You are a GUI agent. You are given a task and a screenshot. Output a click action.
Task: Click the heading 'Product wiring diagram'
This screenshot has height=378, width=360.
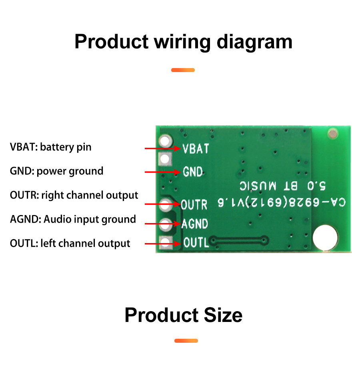click(x=183, y=42)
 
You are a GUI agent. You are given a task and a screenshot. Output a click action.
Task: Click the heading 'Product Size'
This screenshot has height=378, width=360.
click(x=183, y=315)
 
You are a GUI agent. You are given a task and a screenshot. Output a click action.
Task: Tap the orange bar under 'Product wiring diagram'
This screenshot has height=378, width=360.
click(x=183, y=70)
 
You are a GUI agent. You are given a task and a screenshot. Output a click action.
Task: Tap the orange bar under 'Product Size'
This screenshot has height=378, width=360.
click(x=186, y=341)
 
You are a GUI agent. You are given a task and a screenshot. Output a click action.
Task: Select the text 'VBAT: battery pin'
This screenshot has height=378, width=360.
click(x=50, y=147)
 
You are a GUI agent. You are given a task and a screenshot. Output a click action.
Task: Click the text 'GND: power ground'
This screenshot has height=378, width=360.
click(x=56, y=171)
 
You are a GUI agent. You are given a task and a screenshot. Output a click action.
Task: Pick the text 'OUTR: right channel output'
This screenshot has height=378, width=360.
click(x=74, y=195)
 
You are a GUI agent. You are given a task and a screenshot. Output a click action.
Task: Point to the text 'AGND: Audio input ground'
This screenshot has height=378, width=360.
click(x=73, y=219)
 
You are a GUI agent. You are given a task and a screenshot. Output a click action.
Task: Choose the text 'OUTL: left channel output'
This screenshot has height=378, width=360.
click(x=70, y=243)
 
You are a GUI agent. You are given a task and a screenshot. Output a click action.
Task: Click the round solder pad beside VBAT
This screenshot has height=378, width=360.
click(x=165, y=141)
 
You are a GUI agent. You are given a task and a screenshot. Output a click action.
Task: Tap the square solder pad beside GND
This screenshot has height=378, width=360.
click(x=165, y=160)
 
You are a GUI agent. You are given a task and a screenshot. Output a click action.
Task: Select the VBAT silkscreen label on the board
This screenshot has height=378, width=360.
click(x=196, y=149)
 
